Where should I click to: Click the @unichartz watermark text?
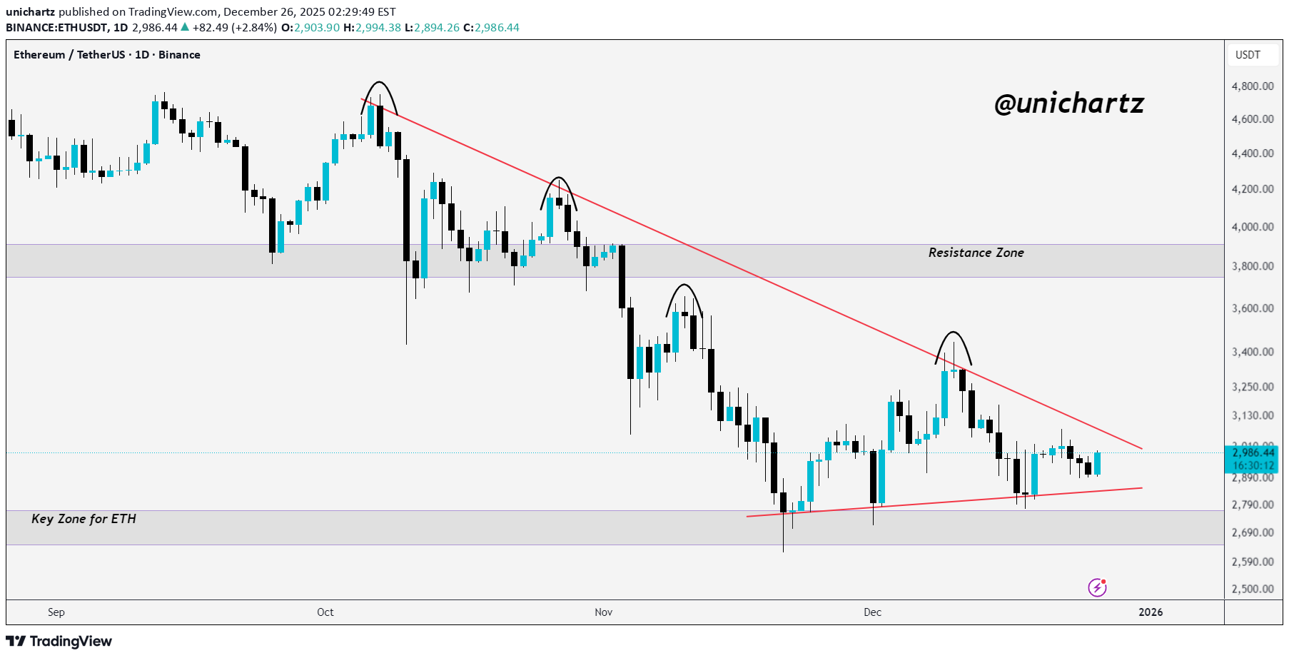click(1068, 104)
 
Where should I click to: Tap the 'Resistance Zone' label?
click(976, 253)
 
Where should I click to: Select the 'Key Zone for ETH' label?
click(84, 519)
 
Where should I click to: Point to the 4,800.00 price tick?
click(1253, 86)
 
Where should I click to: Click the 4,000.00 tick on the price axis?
click(1253, 227)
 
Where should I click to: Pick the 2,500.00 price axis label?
click(1253, 589)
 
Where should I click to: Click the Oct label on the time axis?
click(325, 612)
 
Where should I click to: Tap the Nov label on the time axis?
click(604, 612)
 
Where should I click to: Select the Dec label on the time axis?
click(872, 612)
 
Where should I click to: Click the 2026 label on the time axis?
click(1151, 612)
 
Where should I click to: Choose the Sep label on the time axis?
click(56, 612)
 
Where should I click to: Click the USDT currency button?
click(1248, 55)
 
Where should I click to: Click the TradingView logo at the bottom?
click(59, 641)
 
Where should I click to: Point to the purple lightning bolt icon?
click(1097, 587)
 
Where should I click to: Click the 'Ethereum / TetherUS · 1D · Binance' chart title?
click(107, 55)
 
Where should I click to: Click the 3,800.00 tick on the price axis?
click(1253, 266)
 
